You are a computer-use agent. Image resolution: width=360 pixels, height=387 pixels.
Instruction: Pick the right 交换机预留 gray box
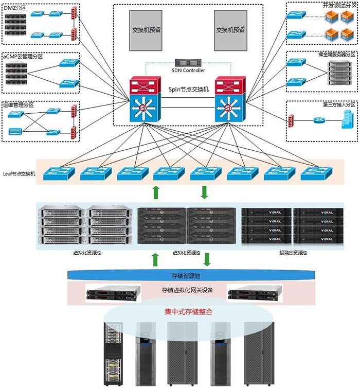pyautogui.click(x=231, y=30)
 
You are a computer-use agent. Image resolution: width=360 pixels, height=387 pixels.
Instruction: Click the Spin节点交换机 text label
pyautogui.click(x=188, y=89)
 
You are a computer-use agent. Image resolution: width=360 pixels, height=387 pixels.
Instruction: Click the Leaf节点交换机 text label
pyautogui.click(x=19, y=173)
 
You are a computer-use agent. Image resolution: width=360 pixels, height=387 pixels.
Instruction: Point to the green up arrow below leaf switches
pyautogui.click(x=156, y=192)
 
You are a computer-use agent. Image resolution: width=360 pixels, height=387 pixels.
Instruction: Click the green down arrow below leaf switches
pyautogui.click(x=204, y=192)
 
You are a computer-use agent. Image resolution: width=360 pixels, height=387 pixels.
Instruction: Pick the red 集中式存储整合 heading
pyautogui.click(x=188, y=312)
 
